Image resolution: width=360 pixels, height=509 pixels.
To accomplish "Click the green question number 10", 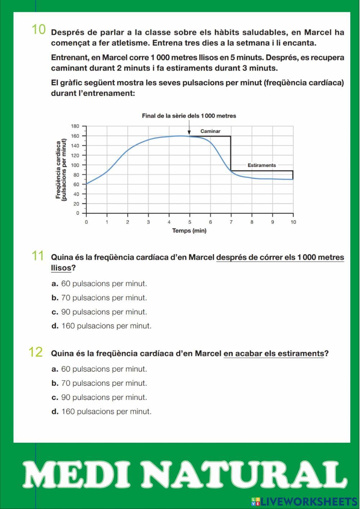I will [39, 30].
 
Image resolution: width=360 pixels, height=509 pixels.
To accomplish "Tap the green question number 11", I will [38, 256].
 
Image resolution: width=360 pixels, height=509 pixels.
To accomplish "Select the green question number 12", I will [36, 352].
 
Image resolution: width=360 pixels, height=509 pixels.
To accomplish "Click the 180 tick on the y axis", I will [75, 126].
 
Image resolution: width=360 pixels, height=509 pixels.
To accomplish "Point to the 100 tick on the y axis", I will [75, 165].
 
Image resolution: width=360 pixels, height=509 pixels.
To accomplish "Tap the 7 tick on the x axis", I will [231, 222].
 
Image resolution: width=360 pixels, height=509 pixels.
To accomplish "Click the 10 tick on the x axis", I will [293, 222].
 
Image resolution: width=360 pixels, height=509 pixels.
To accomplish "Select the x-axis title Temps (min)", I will [189, 231].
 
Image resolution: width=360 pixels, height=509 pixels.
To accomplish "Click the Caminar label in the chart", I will [210, 131].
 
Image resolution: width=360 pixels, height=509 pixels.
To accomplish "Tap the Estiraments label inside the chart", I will [262, 165].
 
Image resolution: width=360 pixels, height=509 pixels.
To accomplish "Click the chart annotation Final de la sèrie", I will [189, 116].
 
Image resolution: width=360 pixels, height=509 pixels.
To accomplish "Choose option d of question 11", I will [102, 326].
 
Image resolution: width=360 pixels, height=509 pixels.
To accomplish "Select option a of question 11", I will [99, 284].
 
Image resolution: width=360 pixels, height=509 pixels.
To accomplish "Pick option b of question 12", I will [99, 383].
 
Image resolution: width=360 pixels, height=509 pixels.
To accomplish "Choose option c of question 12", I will [99, 397].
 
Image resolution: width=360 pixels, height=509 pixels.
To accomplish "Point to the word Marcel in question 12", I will [208, 354].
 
